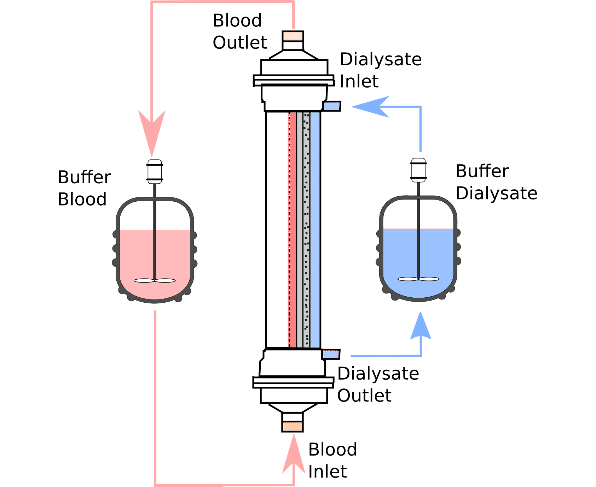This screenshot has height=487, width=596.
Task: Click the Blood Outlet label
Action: [239, 31]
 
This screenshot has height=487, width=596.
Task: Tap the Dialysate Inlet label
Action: [380, 70]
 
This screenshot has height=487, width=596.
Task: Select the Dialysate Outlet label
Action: [378, 384]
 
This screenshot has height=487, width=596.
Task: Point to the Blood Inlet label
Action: [332, 460]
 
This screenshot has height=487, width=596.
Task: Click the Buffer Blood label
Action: [84, 188]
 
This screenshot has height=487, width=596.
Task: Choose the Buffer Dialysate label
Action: [496, 182]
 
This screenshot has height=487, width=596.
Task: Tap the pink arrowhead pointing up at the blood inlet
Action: [294, 456]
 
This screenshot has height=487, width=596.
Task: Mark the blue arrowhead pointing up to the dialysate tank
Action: [421, 327]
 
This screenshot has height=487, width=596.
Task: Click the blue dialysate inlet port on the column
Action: [331, 106]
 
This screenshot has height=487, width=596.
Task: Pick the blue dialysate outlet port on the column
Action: [331, 354]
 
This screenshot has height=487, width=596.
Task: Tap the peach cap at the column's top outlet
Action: [293, 36]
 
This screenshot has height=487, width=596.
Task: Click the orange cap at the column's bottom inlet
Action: [293, 427]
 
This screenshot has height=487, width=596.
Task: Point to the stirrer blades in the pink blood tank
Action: [155, 281]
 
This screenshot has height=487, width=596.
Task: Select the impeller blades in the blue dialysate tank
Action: [418, 279]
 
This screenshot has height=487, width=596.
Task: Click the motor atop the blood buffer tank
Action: [155, 172]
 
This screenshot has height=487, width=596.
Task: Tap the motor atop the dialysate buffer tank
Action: [418, 170]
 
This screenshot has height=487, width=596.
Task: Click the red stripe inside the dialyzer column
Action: [293, 230]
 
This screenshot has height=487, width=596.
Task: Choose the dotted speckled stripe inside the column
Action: [306, 230]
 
